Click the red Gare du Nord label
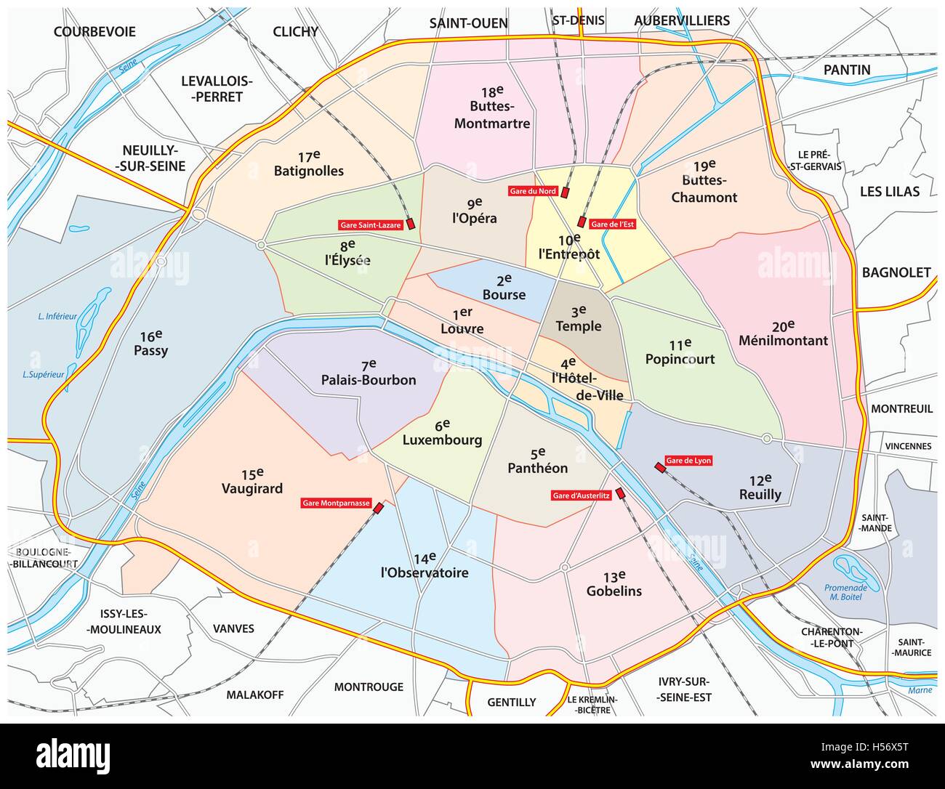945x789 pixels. click(x=533, y=191)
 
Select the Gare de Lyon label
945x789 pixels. click(x=688, y=461)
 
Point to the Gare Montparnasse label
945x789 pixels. click(x=336, y=503)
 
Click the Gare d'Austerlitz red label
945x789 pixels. click(x=581, y=495)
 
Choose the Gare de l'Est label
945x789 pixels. click(x=612, y=224)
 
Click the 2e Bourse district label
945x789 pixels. click(x=504, y=288)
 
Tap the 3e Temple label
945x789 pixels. click(x=579, y=320)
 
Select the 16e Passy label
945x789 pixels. click(x=150, y=344)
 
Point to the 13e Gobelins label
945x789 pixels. click(x=614, y=584)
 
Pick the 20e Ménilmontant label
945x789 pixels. click(x=783, y=333)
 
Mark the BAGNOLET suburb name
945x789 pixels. click(x=896, y=272)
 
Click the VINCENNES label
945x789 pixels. click(x=908, y=446)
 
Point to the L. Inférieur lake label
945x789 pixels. click(x=57, y=316)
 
